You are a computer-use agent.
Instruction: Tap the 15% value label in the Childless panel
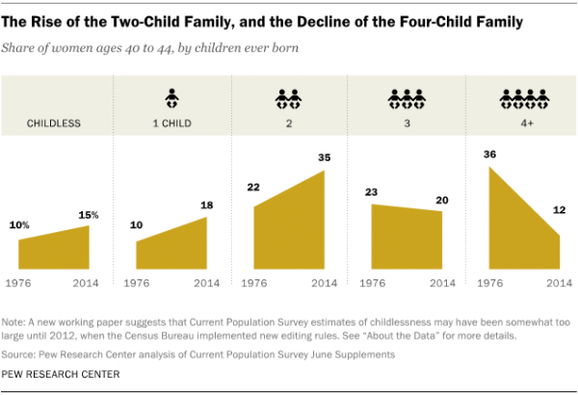[90, 214]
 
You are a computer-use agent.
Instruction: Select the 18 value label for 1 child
[206, 205]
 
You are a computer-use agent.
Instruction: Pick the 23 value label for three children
[372, 192]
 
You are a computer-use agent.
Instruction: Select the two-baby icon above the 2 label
[288, 98]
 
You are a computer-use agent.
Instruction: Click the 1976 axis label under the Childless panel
[20, 283]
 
